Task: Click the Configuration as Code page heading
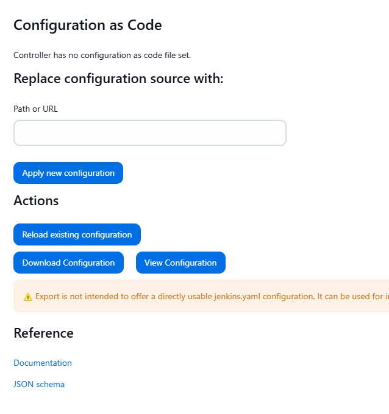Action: pos(88,25)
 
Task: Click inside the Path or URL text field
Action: pos(149,133)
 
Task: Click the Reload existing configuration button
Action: pos(77,234)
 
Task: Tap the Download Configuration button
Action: pos(68,263)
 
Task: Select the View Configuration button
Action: pos(180,263)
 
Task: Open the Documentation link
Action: pos(43,363)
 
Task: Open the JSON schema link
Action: pos(39,384)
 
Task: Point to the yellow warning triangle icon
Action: pos(28,297)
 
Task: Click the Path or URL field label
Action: pos(35,109)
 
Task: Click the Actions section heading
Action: pos(36,200)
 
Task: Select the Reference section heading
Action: pos(43,333)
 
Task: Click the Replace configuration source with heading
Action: pos(118,79)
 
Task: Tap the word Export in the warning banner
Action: pos(48,296)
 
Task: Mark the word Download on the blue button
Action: pos(41,263)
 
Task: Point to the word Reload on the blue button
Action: pos(35,234)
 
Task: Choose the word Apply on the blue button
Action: pos(33,173)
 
